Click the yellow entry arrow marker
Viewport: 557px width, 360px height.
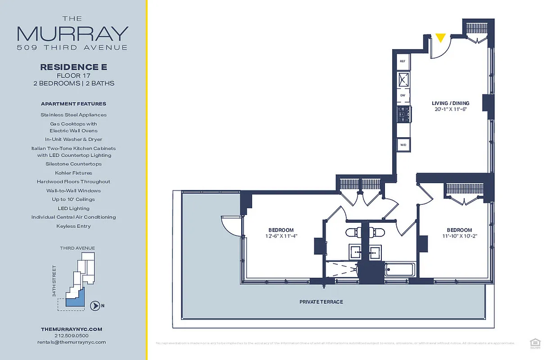441,38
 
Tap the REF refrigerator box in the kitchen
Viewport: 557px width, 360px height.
403,61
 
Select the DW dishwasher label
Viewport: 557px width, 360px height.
403,95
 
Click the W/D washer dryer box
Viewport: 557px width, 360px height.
403,145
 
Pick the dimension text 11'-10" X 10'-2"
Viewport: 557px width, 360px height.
459,236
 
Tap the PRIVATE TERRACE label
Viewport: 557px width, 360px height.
321,301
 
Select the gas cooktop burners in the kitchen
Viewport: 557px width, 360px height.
403,114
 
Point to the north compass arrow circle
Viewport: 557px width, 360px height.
95,306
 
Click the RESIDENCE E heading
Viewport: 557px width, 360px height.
73,67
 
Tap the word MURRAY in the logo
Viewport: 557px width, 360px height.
72,34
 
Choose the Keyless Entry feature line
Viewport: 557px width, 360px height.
73,226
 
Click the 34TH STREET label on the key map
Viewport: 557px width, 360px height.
54,281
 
